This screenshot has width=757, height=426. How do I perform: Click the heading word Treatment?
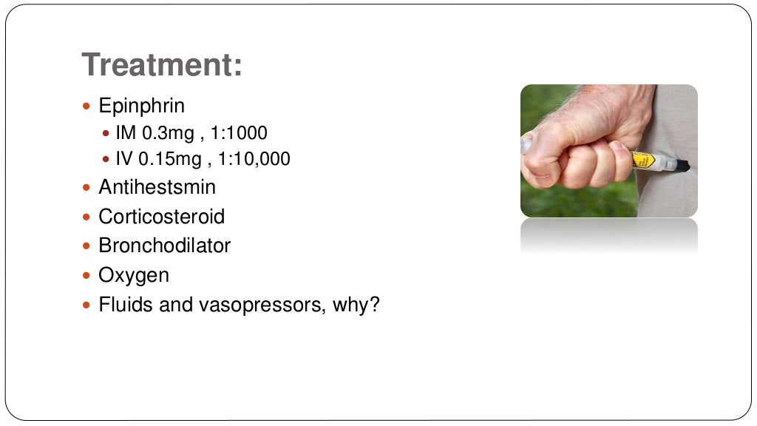[162, 64]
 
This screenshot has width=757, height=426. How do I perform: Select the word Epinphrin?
[141, 106]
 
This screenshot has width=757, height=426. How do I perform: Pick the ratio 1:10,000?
[254, 158]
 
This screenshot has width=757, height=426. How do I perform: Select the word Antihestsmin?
[157, 187]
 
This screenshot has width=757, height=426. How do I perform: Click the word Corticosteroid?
[161, 217]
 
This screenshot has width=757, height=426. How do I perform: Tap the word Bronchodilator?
[164, 246]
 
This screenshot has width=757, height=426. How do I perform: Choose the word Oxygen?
[134, 275]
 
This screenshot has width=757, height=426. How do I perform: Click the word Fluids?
[121, 305]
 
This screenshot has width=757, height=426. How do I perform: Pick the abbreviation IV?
[123, 158]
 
